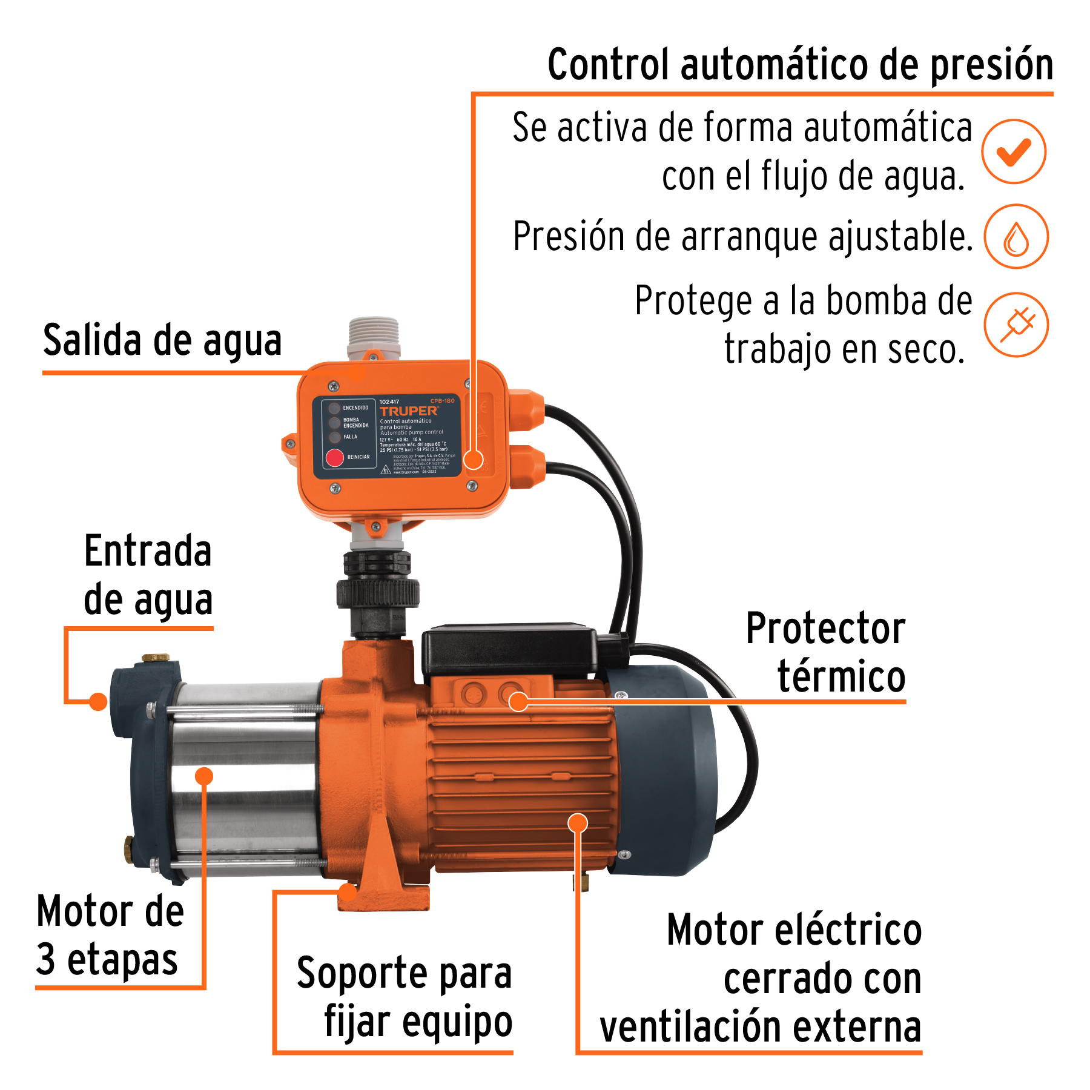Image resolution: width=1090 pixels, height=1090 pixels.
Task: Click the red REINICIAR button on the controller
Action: click(335, 458)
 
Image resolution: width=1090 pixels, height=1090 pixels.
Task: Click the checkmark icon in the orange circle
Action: click(1014, 151)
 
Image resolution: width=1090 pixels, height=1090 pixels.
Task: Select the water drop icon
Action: click(1016, 237)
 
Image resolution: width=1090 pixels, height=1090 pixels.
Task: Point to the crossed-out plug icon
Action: click(1016, 325)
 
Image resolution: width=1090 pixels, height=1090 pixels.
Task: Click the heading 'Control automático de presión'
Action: click(800, 65)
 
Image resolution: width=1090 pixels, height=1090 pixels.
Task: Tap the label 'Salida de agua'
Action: click(162, 340)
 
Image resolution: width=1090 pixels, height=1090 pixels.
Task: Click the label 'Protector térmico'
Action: click(826, 652)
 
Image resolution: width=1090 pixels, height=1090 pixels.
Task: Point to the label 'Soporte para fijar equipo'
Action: click(405, 997)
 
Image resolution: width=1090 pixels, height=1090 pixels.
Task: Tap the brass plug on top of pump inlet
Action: click(156, 658)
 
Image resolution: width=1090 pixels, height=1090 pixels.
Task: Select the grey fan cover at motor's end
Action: click(666, 769)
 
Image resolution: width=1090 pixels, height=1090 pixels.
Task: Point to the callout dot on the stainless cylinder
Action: click(205, 776)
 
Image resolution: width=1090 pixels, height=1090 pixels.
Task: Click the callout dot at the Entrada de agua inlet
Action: click(98, 702)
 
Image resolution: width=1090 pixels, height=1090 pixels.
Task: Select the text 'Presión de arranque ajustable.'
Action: click(742, 236)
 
